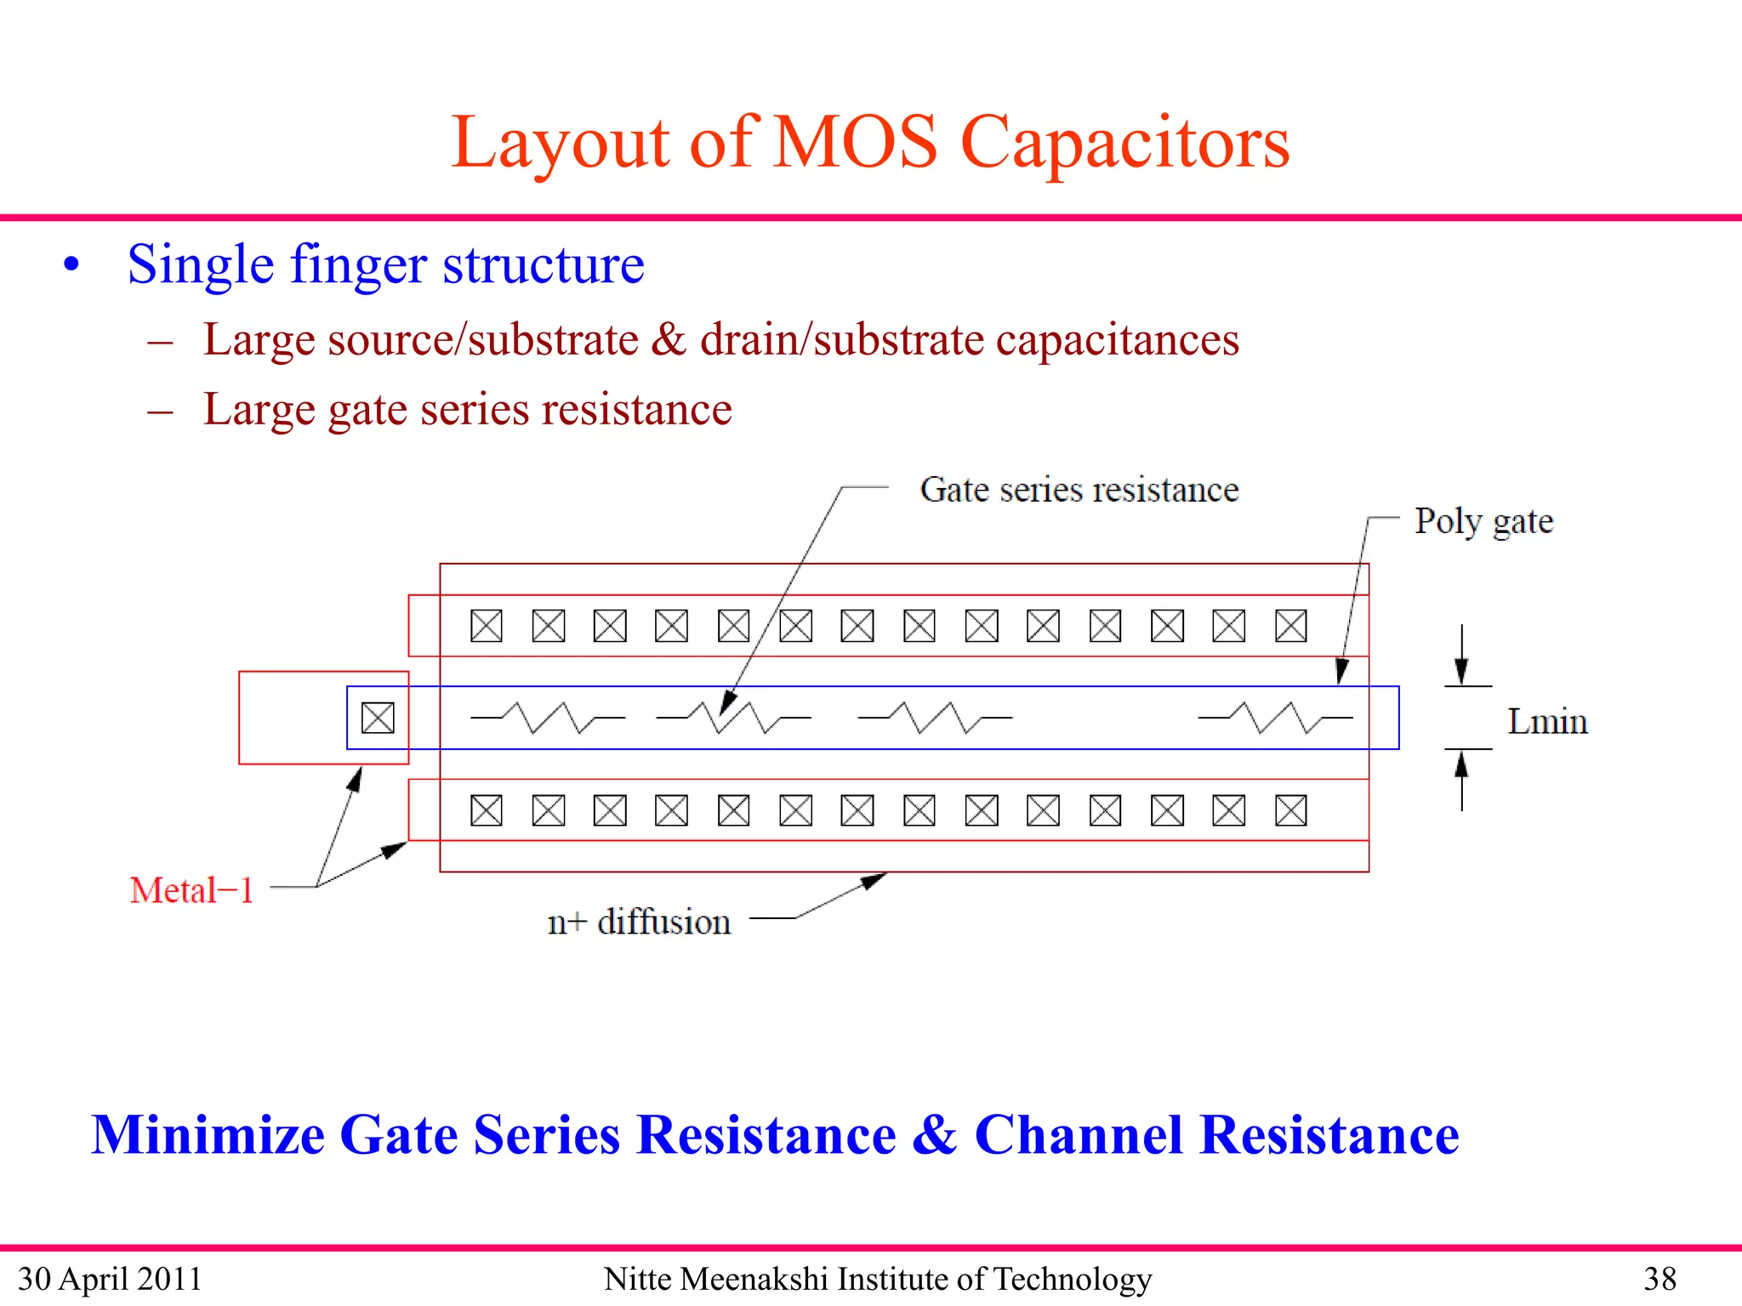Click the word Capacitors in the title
click(x=1124, y=143)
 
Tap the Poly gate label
click(x=1483, y=521)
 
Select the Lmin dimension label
click(x=1547, y=721)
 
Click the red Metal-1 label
click(x=192, y=890)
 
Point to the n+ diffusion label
click(x=639, y=922)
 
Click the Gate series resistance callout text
click(x=1079, y=490)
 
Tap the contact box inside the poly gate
click(x=378, y=718)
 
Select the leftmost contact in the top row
click(x=487, y=626)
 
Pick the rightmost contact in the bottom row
click(x=1290, y=810)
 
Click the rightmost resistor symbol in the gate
click(x=1275, y=718)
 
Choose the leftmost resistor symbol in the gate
click(x=548, y=718)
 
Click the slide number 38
click(x=1659, y=1279)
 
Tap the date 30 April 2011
click(x=110, y=1279)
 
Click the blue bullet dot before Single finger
click(x=71, y=264)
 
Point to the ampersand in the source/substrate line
click(x=669, y=339)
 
